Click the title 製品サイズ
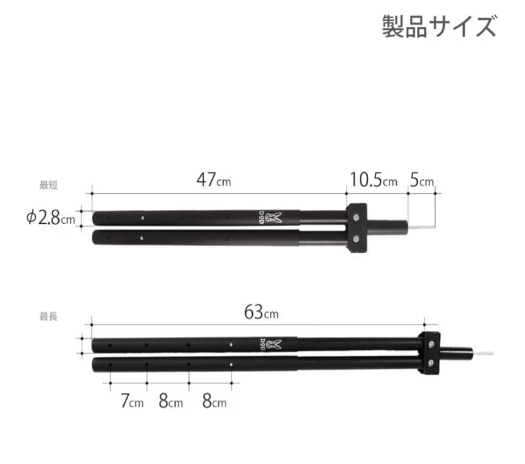pyautogui.click(x=439, y=26)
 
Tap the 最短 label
pyautogui.click(x=49, y=185)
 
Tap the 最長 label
pyautogui.click(x=49, y=317)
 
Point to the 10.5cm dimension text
pyautogui.click(x=372, y=180)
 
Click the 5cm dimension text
pyautogui.click(x=422, y=180)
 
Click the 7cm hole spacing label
pyautogui.click(x=132, y=402)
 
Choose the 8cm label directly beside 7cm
pyautogui.click(x=171, y=402)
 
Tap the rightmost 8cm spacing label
pyautogui.click(x=214, y=402)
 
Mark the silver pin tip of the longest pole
pyautogui.click(x=483, y=353)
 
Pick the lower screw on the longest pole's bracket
pyautogui.click(x=430, y=364)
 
